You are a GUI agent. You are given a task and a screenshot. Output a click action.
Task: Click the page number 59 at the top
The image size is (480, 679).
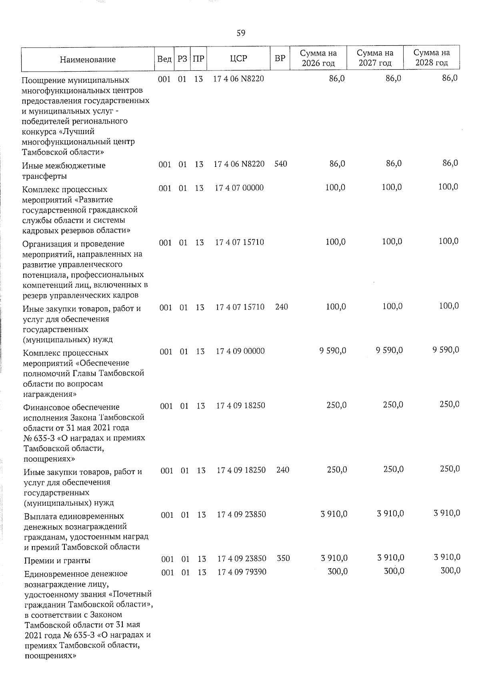pos(240,33)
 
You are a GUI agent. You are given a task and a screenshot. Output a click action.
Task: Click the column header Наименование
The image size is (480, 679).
pos(88,60)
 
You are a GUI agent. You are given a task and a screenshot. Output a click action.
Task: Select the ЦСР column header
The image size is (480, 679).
pos(238,58)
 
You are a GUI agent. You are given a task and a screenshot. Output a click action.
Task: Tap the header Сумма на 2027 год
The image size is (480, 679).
pos(375,58)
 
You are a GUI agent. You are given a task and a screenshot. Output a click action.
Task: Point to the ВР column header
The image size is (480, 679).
pos(280,58)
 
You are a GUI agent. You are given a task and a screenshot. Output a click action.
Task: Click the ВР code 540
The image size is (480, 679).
pos(281,164)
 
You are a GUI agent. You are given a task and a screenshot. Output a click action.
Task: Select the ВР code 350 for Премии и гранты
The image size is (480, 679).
pos(283,558)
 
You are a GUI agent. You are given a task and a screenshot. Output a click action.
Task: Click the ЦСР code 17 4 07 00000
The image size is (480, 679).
pos(239,188)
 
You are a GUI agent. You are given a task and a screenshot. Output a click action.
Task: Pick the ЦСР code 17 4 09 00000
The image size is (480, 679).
pos(240,351)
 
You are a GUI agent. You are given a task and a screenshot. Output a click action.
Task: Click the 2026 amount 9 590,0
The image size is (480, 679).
pos(333,351)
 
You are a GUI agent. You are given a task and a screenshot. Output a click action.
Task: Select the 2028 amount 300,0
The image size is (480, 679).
pos(450,571)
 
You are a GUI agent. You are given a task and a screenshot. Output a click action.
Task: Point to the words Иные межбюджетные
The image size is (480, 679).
pos(64,166)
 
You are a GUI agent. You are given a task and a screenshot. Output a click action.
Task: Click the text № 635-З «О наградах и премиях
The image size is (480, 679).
pos(84,438)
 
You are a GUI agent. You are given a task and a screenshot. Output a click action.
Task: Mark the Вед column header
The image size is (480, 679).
pos(164,59)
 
